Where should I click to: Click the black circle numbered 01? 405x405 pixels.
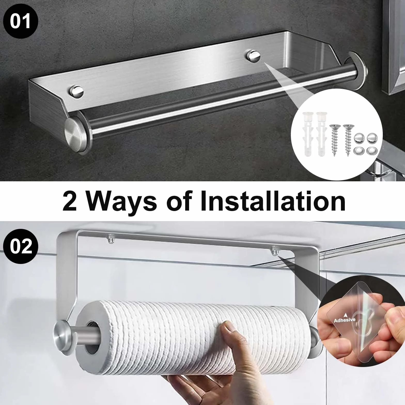coord(20,21)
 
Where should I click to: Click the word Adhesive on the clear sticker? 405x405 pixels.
coord(345,320)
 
